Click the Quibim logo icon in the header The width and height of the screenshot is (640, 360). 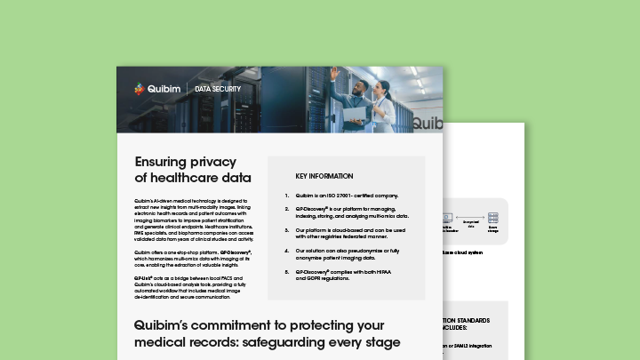(139, 88)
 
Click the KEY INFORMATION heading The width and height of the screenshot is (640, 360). (324, 176)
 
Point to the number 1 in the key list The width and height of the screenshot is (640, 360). (286, 196)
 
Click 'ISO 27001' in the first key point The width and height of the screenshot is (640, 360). (347, 196)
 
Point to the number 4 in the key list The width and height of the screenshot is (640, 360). (286, 252)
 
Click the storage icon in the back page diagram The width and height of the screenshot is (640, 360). (493, 218)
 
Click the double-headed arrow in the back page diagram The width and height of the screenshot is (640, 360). (471, 218)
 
